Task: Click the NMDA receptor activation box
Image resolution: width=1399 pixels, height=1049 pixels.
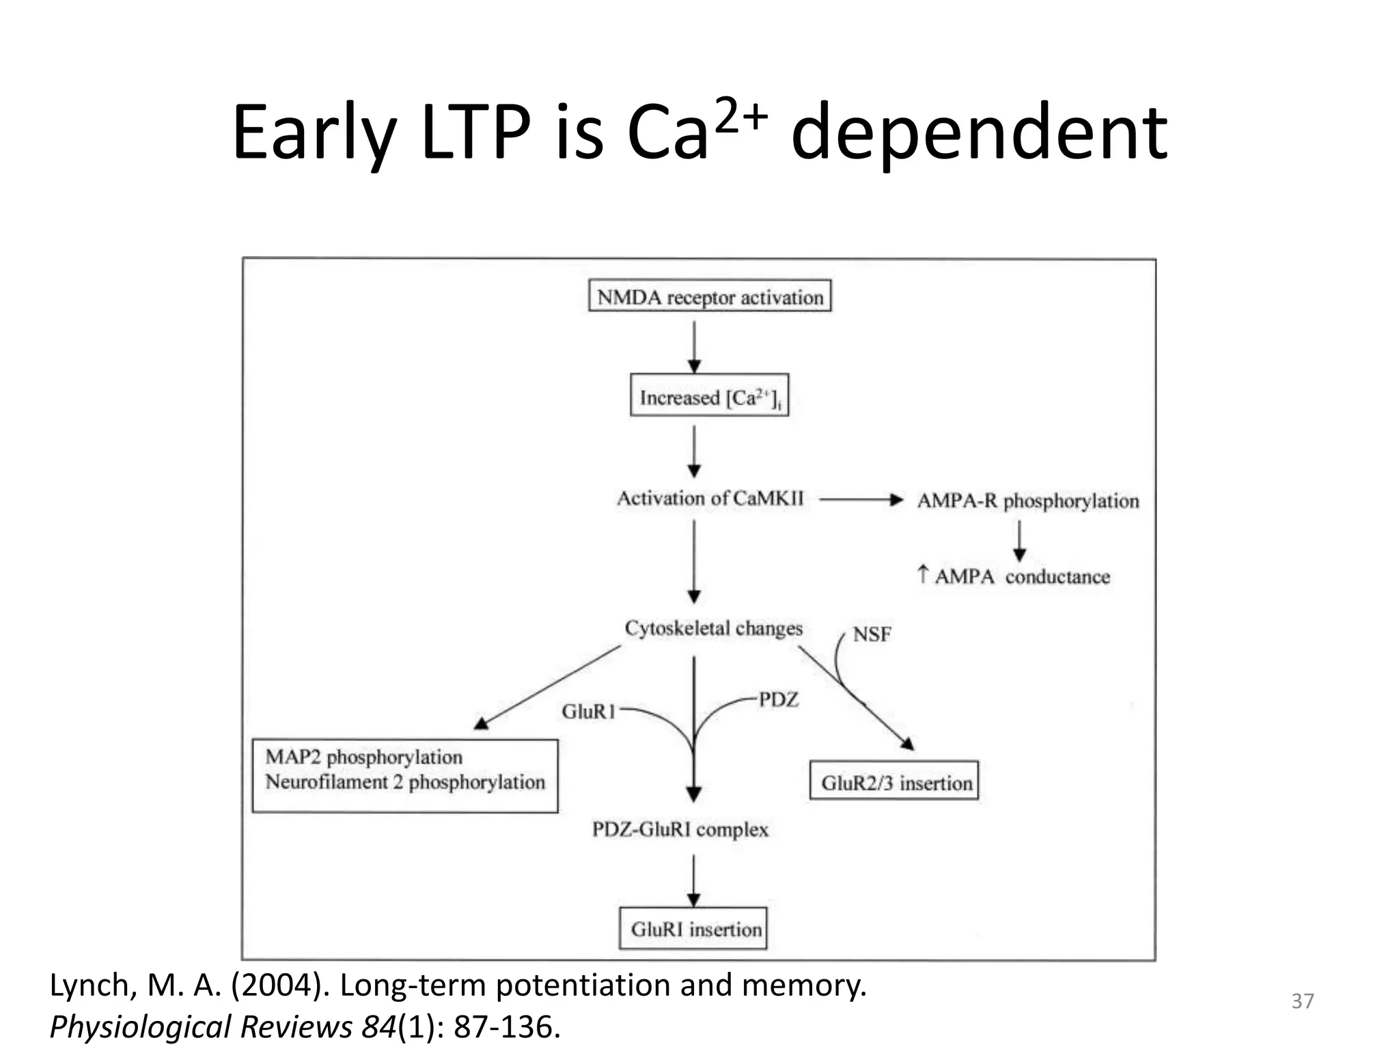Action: [710, 296]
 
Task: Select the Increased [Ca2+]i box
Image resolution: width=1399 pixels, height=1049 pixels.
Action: [709, 395]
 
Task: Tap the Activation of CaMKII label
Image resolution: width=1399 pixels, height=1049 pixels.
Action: [710, 498]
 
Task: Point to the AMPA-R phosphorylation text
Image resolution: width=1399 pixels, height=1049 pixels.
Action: [1027, 501]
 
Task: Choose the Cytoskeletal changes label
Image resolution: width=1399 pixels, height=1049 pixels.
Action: [713, 628]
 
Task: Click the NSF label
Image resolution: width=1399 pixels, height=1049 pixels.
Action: [872, 634]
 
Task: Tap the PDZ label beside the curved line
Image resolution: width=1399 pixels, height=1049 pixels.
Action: [779, 699]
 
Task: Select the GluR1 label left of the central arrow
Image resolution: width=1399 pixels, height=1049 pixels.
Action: [588, 712]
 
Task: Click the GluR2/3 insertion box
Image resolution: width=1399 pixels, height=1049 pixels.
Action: [894, 781]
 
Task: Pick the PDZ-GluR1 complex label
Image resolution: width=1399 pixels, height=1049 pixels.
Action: [680, 829]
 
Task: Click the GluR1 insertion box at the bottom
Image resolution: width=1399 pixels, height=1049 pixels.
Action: [693, 929]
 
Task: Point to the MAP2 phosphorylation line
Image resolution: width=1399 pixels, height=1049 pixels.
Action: [363, 757]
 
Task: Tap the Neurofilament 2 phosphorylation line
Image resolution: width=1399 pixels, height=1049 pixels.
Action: [405, 782]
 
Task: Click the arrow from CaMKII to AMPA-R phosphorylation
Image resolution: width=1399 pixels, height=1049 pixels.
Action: [861, 500]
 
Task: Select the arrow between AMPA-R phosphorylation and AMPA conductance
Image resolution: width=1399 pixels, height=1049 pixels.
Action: [1019, 541]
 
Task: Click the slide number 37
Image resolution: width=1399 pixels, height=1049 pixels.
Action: [1302, 1001]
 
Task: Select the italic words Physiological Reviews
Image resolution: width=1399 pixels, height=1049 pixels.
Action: [201, 1026]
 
